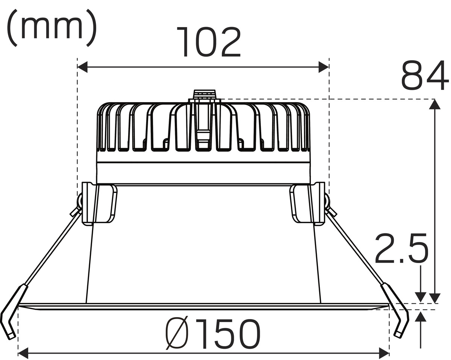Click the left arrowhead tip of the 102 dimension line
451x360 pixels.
(77, 67)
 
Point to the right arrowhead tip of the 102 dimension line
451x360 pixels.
(329, 67)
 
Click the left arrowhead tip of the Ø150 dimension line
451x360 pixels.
(18, 353)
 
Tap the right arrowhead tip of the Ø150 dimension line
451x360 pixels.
(389, 353)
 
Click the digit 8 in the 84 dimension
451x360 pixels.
(412, 75)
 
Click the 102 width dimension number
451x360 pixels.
(208, 42)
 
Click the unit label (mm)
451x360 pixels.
(51, 28)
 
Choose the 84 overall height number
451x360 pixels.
(425, 75)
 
